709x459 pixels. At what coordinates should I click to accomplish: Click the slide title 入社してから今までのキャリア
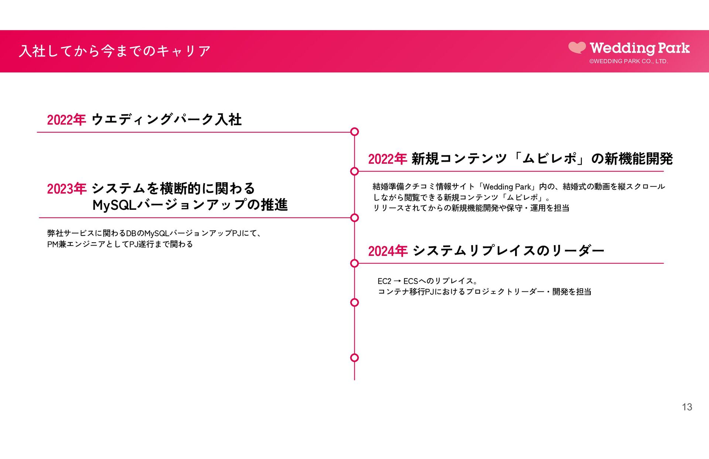[x=115, y=51]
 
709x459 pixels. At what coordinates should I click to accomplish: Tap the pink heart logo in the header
[x=577, y=48]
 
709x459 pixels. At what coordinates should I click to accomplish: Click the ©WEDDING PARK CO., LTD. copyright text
[x=628, y=61]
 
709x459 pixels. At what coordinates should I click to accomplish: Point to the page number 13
[x=687, y=407]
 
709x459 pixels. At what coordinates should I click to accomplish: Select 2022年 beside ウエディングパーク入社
[x=66, y=120]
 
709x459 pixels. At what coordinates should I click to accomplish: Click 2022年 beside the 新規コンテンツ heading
[x=387, y=159]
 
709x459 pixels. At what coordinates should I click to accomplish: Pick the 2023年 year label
[x=66, y=189]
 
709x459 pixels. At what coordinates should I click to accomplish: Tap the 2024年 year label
[x=388, y=251]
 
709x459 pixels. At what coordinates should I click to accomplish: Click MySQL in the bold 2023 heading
[x=114, y=205]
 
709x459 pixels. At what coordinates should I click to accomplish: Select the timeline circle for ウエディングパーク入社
[x=354, y=132]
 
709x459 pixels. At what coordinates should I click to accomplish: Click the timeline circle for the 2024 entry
[x=354, y=263]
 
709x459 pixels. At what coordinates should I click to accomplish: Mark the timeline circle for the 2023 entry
[x=354, y=218]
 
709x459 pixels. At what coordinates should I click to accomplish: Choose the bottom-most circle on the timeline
[x=354, y=357]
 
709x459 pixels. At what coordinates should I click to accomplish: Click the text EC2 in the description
[x=384, y=281]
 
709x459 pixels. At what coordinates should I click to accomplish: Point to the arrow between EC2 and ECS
[x=397, y=281]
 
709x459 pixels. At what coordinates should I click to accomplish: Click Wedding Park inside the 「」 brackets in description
[x=507, y=187]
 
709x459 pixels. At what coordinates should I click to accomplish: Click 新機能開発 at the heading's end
[x=638, y=159]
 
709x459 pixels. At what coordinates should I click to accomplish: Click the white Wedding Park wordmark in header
[x=640, y=48]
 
